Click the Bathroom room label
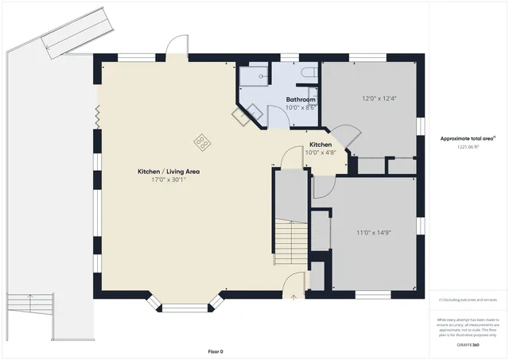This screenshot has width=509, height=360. pos(301,99)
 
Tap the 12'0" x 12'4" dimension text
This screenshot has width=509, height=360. pos(379,99)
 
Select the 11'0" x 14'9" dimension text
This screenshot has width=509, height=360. pos(373,233)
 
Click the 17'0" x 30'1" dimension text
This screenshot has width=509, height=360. pos(168,180)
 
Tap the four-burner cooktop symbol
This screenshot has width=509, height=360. pos(203,143)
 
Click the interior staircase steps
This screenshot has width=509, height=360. pos(291,242)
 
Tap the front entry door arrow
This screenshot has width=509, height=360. pos(293,296)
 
